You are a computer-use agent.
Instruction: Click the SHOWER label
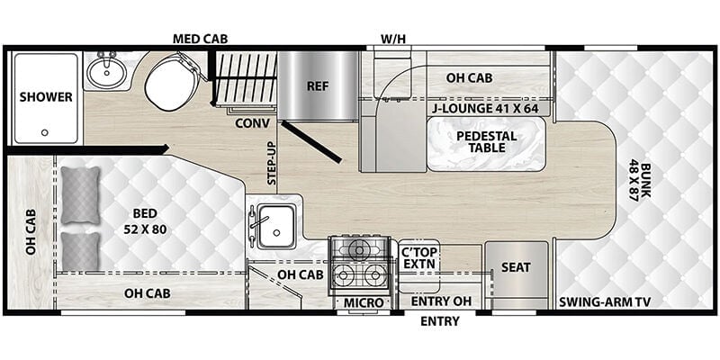(46, 97)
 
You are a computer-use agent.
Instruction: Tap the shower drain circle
(44, 132)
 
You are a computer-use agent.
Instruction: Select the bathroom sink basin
(106, 72)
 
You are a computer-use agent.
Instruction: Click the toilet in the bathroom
(171, 83)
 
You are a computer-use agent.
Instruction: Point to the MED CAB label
(200, 39)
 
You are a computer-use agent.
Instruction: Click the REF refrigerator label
(318, 86)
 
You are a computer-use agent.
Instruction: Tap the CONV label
(252, 123)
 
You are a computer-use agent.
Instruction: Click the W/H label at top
(393, 39)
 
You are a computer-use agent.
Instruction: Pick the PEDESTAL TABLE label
(487, 142)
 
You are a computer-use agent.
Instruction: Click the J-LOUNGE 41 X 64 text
(489, 109)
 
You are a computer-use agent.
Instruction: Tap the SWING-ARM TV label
(605, 301)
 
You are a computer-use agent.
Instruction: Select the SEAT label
(516, 267)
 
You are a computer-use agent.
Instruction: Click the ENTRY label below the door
(439, 321)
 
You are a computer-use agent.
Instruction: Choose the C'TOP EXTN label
(418, 258)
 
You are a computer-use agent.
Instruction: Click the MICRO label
(364, 302)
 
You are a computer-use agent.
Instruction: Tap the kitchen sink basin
(276, 227)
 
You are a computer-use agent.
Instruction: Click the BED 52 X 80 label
(145, 221)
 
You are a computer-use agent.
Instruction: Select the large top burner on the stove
(359, 250)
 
